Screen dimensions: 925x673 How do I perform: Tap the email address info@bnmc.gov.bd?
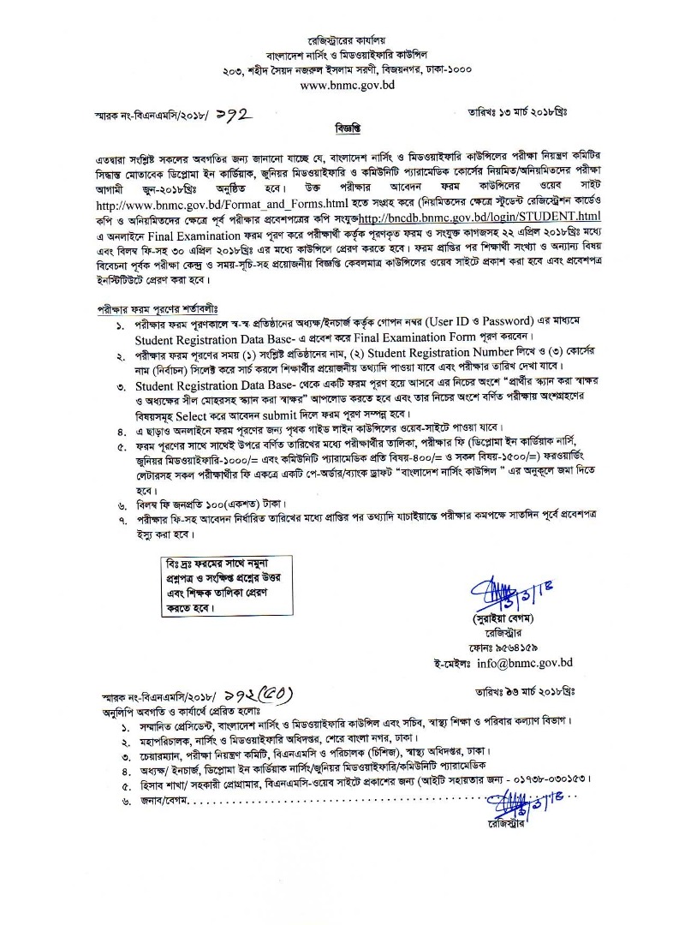click(524, 662)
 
